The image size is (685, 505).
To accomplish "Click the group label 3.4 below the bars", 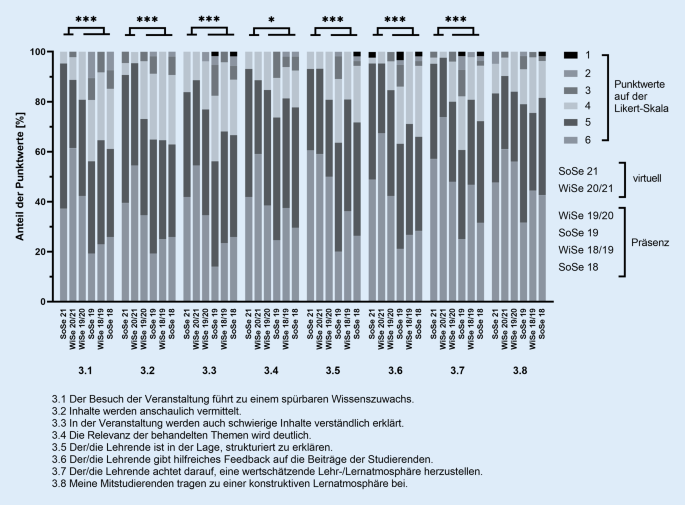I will tap(271, 373).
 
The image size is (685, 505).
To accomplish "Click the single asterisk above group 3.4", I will tap(271, 21).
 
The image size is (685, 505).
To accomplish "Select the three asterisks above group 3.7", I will tap(457, 21).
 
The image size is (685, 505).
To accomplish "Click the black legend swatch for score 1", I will tap(576, 53).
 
